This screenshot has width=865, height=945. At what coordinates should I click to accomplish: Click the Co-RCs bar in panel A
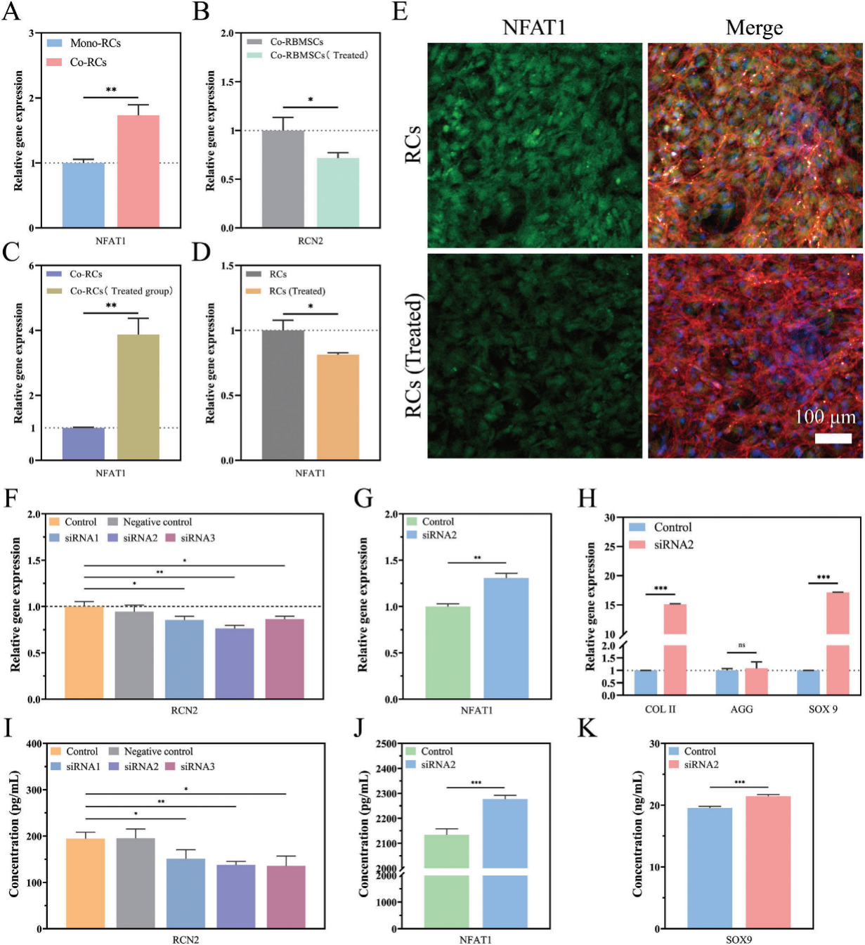138,171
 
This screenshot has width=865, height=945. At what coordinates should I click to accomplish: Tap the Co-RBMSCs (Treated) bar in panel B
337,192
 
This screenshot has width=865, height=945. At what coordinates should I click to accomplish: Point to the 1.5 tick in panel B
226,82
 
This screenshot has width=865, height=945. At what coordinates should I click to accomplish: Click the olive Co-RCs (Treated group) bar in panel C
138,397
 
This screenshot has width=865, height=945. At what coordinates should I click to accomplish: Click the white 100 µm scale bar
833,438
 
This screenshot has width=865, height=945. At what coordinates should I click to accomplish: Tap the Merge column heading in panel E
754,27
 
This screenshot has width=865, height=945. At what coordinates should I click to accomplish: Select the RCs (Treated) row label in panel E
415,356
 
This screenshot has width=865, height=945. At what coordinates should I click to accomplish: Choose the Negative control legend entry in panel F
157,522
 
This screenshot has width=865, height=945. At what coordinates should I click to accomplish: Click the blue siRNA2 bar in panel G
506,638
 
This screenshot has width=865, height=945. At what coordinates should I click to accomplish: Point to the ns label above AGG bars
741,645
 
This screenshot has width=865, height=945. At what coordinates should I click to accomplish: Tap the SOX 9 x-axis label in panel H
823,709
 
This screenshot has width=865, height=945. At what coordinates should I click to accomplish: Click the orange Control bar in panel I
85,883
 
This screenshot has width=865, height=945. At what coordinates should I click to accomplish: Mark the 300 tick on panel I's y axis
34,790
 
